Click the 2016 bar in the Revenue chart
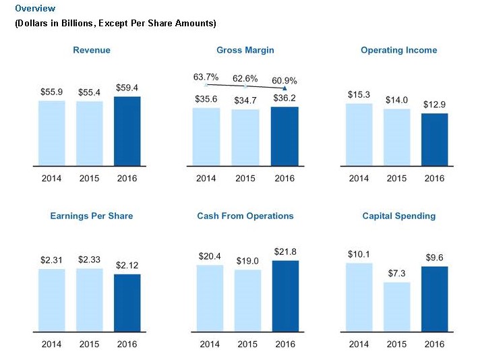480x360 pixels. click(x=127, y=131)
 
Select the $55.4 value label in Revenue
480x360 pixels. click(x=89, y=92)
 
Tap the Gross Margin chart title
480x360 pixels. click(x=245, y=50)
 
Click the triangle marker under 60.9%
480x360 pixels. click(x=284, y=88)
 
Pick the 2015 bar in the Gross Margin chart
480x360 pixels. click(x=245, y=137)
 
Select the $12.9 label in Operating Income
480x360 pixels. click(x=435, y=104)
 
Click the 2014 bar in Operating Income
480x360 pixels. click(x=359, y=134)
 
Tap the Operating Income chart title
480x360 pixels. click(x=398, y=50)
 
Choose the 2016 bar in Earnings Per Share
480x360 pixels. click(x=127, y=302)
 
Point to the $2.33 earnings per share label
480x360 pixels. click(x=89, y=260)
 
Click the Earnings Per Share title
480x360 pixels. click(x=92, y=216)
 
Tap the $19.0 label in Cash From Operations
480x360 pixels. click(x=247, y=261)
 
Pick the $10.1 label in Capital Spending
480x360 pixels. click(x=359, y=254)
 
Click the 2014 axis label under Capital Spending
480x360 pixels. click(x=359, y=344)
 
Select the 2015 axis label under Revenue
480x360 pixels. click(x=89, y=178)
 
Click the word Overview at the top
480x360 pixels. click(x=35, y=9)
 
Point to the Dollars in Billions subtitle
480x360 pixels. click(x=115, y=24)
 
